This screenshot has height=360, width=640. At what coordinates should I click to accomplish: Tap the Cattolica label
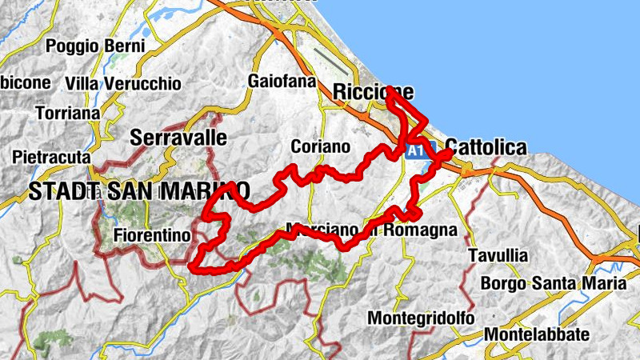click(486, 147)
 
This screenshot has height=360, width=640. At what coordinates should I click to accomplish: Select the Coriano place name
click(321, 147)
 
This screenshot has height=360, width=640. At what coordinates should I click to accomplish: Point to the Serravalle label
click(178, 137)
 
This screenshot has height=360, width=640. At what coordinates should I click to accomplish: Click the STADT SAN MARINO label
click(138, 190)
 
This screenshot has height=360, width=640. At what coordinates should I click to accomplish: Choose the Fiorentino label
click(152, 235)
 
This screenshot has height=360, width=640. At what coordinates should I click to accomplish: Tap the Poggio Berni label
click(95, 46)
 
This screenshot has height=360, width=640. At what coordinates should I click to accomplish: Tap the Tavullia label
click(498, 255)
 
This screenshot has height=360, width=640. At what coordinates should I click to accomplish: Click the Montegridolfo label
click(421, 318)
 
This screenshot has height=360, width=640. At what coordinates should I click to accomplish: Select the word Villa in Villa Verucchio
click(81, 83)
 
